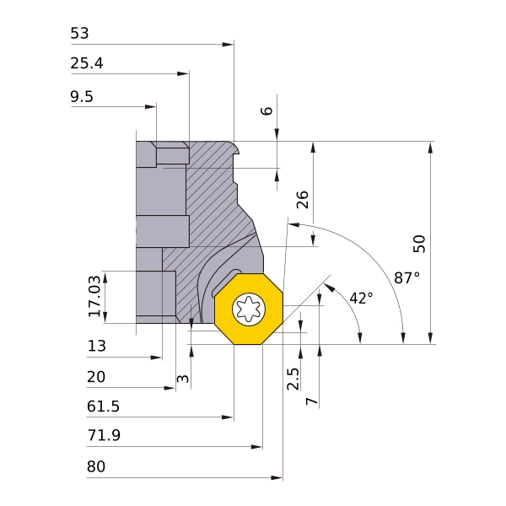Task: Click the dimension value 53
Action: (79, 34)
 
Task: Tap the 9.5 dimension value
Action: (82, 97)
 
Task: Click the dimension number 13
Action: (97, 346)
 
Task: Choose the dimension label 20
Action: (97, 377)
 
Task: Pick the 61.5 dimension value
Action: (103, 407)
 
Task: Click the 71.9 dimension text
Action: (103, 437)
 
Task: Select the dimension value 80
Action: (97, 467)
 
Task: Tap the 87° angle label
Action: (406, 277)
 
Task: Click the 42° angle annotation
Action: (360, 298)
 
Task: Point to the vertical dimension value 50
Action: (419, 243)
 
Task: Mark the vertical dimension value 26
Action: (303, 199)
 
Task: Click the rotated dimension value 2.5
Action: (293, 379)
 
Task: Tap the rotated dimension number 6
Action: (268, 110)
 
